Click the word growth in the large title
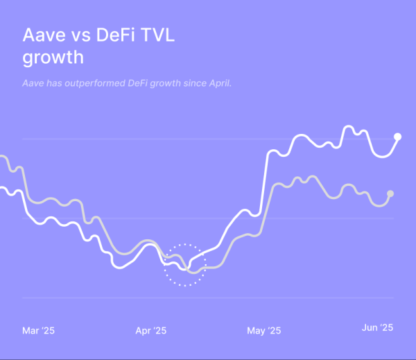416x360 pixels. click(53, 58)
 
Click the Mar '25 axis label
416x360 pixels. click(39, 331)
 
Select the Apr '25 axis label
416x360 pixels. click(151, 331)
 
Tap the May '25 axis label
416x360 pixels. click(263, 331)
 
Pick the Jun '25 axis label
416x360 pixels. click(378, 327)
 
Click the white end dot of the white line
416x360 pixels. click(398, 137)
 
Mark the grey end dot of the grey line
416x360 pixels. click(390, 194)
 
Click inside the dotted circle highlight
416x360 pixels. click(185, 265)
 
